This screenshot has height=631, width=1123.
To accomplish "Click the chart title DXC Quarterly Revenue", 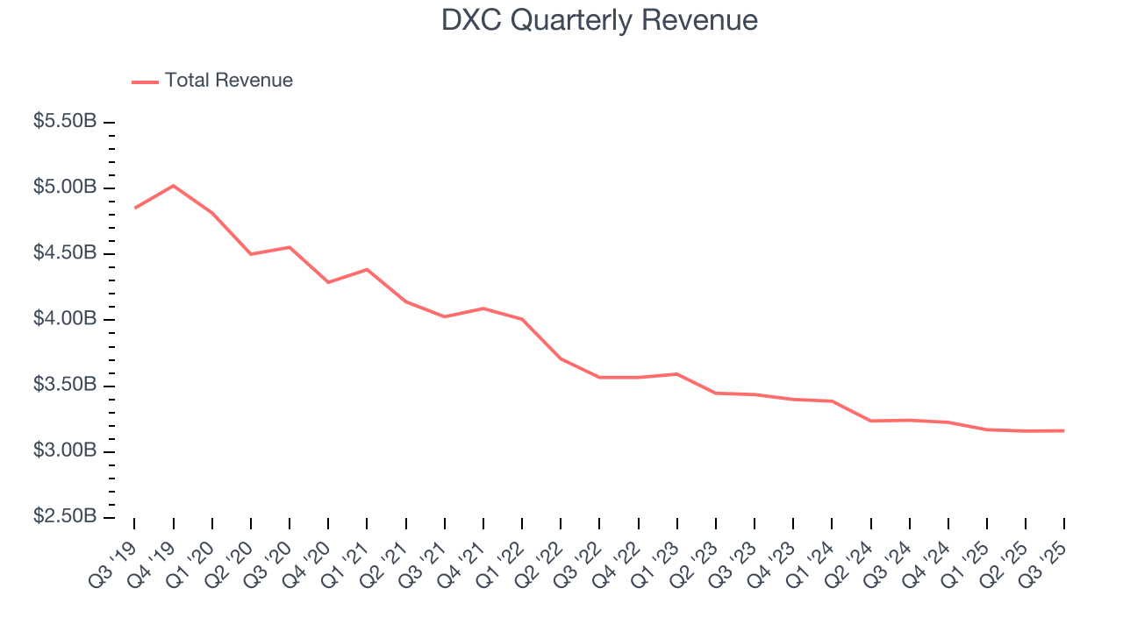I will (599, 20).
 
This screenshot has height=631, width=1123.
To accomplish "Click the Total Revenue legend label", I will (228, 81).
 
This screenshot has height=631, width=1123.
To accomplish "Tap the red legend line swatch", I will (145, 82).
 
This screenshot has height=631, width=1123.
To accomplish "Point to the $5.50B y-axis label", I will (65, 122).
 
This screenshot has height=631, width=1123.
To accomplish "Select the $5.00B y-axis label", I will (65, 188).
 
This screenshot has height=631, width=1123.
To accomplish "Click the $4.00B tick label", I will (65, 319).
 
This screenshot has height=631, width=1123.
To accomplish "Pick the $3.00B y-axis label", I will (65, 450).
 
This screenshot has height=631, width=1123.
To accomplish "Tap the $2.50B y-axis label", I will (65, 516).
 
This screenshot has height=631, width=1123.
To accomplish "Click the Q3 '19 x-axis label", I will (115, 560).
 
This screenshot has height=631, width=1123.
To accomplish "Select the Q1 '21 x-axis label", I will (347, 560).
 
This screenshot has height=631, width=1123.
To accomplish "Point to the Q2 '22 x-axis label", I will (541, 560).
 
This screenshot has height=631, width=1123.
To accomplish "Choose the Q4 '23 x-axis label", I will (774, 560).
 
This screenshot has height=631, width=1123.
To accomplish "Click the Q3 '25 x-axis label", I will (1045, 560).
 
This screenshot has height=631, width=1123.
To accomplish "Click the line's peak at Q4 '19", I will (173, 186).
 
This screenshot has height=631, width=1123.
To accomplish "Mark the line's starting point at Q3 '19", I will (134, 208).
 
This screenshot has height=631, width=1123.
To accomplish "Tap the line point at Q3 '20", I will (290, 247).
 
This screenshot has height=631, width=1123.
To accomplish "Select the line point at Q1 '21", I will (367, 269).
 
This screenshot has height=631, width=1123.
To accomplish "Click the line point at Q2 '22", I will (561, 358).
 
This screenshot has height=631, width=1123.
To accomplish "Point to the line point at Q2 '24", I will (870, 421).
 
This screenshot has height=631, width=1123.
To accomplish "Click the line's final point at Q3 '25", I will (1064, 430).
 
